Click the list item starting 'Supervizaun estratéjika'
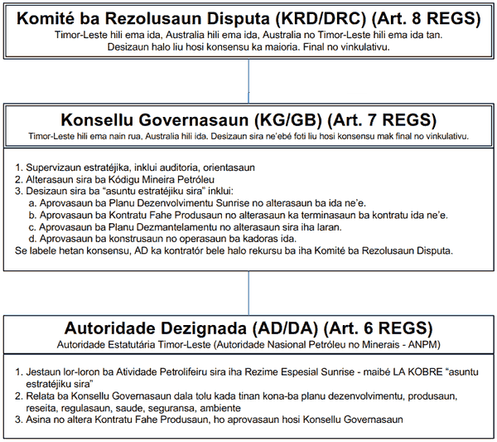pyautogui.click(x=140, y=167)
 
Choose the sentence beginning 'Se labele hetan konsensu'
pyautogui.click(x=232, y=251)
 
